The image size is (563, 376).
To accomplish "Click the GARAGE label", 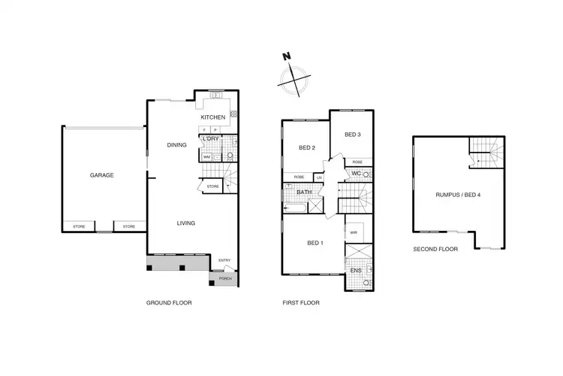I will point(102,175).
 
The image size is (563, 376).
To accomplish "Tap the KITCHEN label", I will point(212,118).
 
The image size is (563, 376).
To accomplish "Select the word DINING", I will point(176,145).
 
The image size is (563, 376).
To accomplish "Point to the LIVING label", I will point(186,223).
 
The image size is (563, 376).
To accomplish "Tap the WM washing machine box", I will point(206,157).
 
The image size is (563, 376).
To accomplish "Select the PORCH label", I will point(224,278).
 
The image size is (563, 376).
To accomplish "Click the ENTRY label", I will point(224,261).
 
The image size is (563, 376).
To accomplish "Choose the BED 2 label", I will point(306,147).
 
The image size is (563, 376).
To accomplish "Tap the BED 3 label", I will point(353,135).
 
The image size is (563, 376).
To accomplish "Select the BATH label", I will point(303,193).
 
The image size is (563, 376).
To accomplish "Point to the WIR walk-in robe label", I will point(354,233).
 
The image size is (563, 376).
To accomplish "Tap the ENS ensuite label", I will point(356,271).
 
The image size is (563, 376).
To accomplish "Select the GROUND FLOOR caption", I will point(169,303).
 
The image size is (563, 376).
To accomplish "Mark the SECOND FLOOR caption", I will point(435,248).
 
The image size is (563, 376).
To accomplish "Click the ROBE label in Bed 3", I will point(357,162).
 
